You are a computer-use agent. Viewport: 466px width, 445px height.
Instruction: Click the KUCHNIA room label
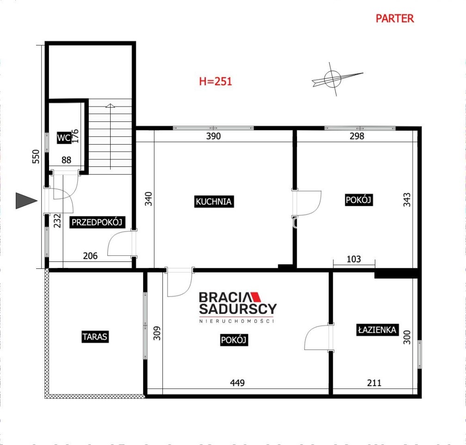click(x=214, y=202)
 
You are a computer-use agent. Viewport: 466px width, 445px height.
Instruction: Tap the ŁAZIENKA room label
click(x=377, y=330)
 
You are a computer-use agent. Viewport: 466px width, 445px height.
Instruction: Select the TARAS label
click(x=95, y=337)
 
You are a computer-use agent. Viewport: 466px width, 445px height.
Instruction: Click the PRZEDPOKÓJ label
click(x=97, y=222)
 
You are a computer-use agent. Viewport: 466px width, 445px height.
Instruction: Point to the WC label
click(x=64, y=138)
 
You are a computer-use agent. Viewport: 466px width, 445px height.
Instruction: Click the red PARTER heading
click(x=395, y=19)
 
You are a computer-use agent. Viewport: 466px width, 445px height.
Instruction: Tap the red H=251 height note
click(x=216, y=81)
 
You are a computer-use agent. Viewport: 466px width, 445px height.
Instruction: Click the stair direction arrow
click(x=110, y=136)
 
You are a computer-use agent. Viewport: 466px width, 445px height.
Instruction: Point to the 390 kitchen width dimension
click(x=213, y=136)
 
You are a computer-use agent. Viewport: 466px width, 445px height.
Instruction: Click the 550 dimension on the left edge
click(x=36, y=157)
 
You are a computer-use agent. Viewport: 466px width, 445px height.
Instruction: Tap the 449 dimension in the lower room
click(x=237, y=383)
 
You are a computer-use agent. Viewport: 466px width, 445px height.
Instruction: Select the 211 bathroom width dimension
click(x=374, y=383)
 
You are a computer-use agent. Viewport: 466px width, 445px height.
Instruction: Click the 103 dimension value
click(x=354, y=259)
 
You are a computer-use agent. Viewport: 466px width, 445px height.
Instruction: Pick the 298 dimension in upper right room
click(x=357, y=136)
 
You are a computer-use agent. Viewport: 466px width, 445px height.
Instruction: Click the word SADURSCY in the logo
click(x=238, y=309)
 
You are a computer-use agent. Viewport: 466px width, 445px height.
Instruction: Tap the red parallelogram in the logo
click(x=255, y=297)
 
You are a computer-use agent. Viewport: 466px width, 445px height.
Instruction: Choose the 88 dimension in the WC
click(x=66, y=160)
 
